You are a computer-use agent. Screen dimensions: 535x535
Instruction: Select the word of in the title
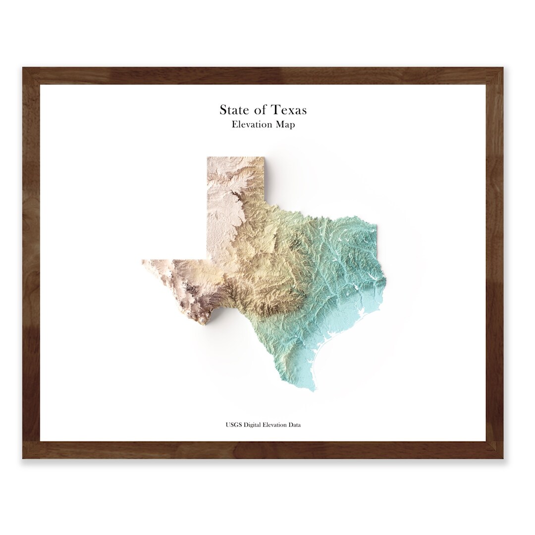click(x=260, y=109)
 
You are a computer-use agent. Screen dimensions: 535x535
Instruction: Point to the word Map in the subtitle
click(x=286, y=124)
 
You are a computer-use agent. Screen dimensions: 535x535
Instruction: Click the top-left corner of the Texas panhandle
click(x=207, y=158)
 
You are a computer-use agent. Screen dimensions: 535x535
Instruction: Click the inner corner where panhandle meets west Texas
click(x=207, y=260)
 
